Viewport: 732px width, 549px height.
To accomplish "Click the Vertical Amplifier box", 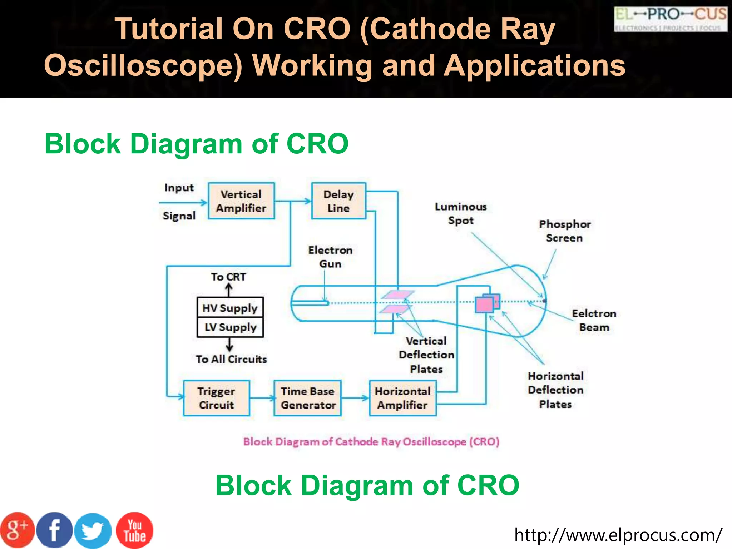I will pyautogui.click(x=241, y=201).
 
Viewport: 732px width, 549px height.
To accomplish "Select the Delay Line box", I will pyautogui.click(x=338, y=201).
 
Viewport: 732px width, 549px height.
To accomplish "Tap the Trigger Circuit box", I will pyautogui.click(x=216, y=398).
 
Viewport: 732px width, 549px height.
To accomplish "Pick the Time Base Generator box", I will pyautogui.click(x=308, y=398).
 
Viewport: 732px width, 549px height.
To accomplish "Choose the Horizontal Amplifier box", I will pyautogui.click(x=402, y=398).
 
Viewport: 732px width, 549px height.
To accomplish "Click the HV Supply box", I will pyautogui.click(x=230, y=307).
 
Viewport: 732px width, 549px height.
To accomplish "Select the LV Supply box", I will pyautogui.click(x=230, y=327).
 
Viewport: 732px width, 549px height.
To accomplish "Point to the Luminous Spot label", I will pyautogui.click(x=460, y=213).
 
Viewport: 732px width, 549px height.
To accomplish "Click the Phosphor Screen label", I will pyautogui.click(x=564, y=231).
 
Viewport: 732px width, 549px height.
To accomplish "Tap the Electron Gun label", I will pyautogui.click(x=330, y=257).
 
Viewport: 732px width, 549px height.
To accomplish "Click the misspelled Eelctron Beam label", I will pyautogui.click(x=594, y=320).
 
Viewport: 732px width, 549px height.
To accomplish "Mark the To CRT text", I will pyautogui.click(x=228, y=277).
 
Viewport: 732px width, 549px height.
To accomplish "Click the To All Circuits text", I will pyautogui.click(x=231, y=359).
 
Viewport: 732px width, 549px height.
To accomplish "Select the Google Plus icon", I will pyautogui.click(x=17, y=530).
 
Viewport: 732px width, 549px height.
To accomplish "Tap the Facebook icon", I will pyautogui.click(x=54, y=530).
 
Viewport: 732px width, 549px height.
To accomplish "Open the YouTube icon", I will pyautogui.click(x=134, y=530).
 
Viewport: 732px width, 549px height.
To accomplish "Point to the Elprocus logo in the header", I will pyautogui.click(x=671, y=19).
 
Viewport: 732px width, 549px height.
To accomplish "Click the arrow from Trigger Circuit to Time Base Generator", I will pyautogui.click(x=262, y=398).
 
